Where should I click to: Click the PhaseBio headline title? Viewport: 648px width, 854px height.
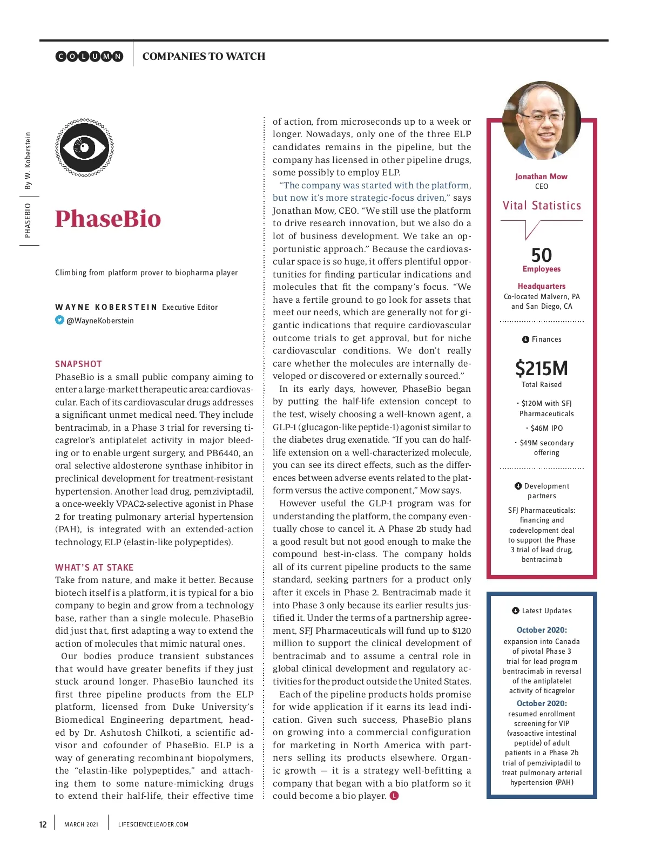(x=108, y=219)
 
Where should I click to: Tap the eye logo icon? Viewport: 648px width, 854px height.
(x=84, y=147)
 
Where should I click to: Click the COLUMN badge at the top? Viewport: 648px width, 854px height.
(x=90, y=56)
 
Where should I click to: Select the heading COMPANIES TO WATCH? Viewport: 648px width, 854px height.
(x=204, y=56)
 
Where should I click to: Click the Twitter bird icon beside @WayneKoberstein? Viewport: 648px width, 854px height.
(x=59, y=320)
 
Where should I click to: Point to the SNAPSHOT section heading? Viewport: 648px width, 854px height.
(x=78, y=364)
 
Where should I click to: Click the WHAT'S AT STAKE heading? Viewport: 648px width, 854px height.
(x=94, y=567)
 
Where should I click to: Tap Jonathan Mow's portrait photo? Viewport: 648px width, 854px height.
(x=542, y=121)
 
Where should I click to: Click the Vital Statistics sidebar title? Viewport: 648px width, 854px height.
(x=542, y=206)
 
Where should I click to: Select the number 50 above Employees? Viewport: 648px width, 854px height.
(x=542, y=255)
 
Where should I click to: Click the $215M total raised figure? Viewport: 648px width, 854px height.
(x=542, y=369)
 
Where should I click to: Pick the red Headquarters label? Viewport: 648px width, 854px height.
(x=542, y=286)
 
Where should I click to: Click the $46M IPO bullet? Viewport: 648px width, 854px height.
(x=545, y=428)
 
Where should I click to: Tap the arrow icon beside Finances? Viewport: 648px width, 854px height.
(x=525, y=339)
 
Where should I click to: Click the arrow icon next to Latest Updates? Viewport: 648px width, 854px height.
(x=516, y=611)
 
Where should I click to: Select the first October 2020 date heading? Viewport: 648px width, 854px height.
(x=542, y=630)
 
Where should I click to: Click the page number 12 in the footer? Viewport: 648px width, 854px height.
(x=43, y=824)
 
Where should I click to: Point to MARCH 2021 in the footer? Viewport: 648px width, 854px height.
(x=81, y=824)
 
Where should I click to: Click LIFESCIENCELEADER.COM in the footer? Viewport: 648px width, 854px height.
(x=153, y=824)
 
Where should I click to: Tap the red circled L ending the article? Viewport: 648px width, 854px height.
(x=394, y=796)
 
